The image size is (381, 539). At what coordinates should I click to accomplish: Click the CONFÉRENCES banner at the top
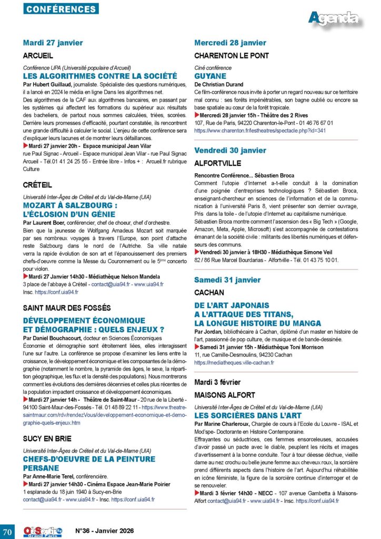(61, 8)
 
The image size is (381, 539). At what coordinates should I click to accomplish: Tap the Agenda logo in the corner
(334, 18)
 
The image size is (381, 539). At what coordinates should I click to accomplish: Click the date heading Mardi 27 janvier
(53, 43)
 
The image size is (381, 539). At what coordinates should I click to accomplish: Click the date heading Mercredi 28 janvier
(230, 43)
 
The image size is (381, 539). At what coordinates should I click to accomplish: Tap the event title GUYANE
(210, 76)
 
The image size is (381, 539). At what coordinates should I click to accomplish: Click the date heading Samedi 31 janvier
(227, 280)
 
